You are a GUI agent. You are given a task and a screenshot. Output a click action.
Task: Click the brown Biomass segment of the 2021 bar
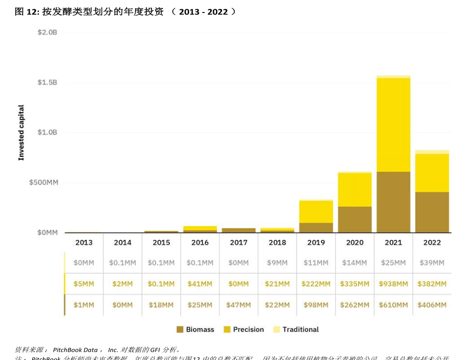click(x=393, y=202)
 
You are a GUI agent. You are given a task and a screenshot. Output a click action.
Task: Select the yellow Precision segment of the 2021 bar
click(x=393, y=125)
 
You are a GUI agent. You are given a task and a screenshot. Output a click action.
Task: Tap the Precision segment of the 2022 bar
click(x=432, y=173)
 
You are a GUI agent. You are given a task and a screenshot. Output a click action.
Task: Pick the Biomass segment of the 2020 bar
click(x=355, y=219)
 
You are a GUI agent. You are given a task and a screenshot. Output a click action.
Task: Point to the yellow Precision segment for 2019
click(x=316, y=212)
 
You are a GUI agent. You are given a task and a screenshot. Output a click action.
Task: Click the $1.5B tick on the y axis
click(x=47, y=82)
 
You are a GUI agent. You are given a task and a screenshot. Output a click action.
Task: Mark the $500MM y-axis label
click(x=44, y=182)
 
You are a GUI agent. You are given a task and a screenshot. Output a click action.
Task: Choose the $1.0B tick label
click(x=47, y=133)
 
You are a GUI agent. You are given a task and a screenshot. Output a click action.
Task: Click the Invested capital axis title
click(x=21, y=133)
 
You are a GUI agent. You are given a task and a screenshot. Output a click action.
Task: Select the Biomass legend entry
click(x=195, y=329)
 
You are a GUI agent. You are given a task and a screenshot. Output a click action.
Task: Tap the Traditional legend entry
click(x=296, y=329)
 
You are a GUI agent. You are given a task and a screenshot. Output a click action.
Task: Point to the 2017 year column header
click(x=239, y=242)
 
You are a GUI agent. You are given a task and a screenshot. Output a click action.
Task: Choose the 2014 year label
click(x=122, y=242)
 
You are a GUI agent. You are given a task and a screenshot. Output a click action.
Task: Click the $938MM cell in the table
click(x=393, y=284)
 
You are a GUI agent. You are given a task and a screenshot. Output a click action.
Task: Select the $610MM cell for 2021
click(x=393, y=305)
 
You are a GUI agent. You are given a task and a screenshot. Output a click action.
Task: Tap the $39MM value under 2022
click(x=432, y=263)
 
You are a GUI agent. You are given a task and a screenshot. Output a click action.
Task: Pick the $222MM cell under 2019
click(x=316, y=284)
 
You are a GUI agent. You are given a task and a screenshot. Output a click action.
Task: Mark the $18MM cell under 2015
click(x=161, y=305)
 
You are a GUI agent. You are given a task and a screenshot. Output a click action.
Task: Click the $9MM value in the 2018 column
click(x=277, y=263)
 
